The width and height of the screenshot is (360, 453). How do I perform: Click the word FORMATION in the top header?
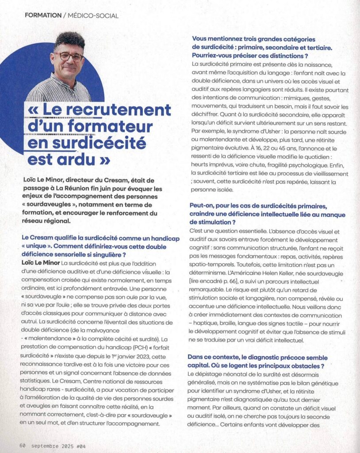pyautogui.click(x=43, y=15)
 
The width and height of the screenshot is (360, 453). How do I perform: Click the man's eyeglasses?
pyautogui.click(x=69, y=56)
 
